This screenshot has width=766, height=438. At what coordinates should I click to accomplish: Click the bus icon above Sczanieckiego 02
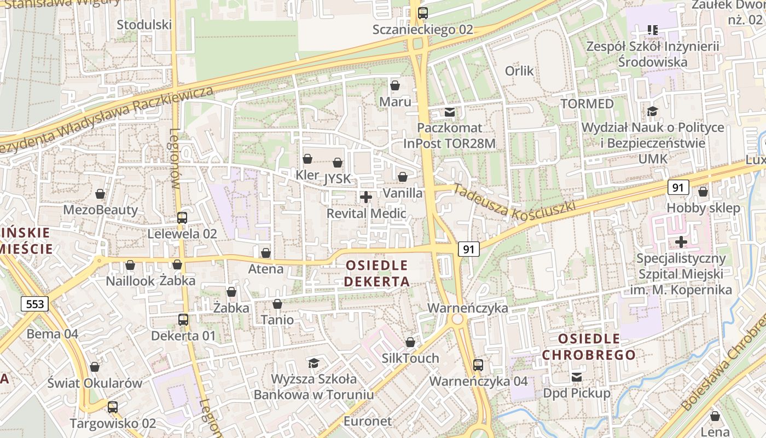(x=422, y=13)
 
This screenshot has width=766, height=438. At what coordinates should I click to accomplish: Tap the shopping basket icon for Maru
(x=394, y=85)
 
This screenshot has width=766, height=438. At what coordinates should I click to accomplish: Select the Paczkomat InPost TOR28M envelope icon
(x=450, y=112)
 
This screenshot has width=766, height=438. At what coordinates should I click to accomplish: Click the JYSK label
(x=337, y=179)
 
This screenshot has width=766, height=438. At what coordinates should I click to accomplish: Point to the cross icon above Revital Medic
(x=366, y=197)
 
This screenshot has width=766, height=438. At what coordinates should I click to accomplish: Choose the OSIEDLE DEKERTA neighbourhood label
(x=377, y=274)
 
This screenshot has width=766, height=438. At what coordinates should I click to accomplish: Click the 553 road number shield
(x=35, y=304)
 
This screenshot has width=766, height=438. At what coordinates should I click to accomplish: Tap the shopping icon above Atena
(x=265, y=253)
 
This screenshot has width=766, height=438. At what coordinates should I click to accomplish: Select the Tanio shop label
(x=277, y=320)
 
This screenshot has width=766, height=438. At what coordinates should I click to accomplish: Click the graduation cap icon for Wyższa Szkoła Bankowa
(x=314, y=363)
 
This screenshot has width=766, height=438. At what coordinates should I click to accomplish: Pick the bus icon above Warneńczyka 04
(x=478, y=365)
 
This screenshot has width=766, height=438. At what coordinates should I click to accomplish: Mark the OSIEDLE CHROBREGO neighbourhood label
(x=581, y=347)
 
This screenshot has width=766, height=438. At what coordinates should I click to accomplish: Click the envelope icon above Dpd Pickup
(x=577, y=377)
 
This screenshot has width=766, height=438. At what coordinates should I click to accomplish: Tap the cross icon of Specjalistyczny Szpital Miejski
(x=681, y=241)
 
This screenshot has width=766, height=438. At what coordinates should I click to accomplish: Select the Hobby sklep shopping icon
(x=703, y=192)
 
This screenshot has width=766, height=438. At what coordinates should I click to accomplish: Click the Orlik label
(x=519, y=71)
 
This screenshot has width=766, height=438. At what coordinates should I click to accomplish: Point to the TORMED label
(x=587, y=103)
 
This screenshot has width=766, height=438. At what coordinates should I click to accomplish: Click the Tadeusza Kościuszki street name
(x=514, y=201)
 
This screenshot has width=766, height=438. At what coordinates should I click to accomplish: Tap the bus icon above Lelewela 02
(x=182, y=218)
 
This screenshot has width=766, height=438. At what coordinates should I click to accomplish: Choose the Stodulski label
(x=144, y=25)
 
